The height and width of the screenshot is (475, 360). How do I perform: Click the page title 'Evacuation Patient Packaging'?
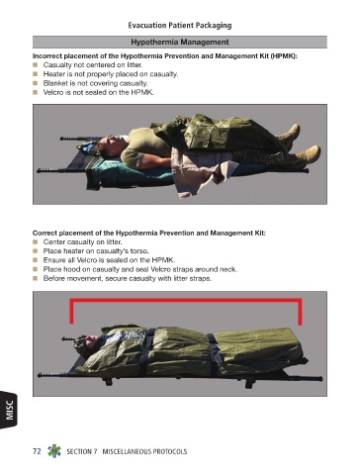(180, 26)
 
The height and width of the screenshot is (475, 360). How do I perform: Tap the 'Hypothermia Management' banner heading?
(180, 43)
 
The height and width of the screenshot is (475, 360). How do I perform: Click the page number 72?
(37, 451)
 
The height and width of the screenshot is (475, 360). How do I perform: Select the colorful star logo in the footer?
(54, 451)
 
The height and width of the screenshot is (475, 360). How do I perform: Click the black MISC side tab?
(9, 410)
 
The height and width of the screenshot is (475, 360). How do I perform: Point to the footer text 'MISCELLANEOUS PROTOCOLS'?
(144, 451)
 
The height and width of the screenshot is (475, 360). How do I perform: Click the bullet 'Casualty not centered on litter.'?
(93, 64)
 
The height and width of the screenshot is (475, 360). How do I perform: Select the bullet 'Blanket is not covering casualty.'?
(96, 83)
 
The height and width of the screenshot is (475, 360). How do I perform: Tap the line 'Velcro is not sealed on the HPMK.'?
(99, 92)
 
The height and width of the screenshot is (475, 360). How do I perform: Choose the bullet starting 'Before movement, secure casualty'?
(128, 278)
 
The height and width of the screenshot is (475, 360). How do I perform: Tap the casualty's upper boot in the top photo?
(289, 133)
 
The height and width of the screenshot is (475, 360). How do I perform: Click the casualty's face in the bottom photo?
(92, 339)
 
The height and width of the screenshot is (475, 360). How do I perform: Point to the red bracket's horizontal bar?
(186, 300)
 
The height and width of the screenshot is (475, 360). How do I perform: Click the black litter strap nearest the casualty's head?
(145, 351)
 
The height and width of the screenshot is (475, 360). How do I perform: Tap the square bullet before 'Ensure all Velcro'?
(36, 260)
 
